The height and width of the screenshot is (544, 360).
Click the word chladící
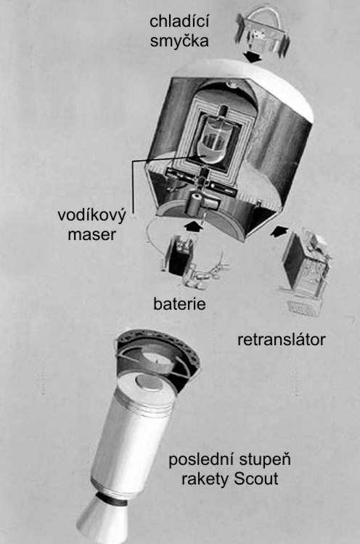pos(179,22)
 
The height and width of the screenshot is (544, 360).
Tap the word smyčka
pos(179,41)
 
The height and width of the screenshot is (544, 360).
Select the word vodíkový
pos(91,215)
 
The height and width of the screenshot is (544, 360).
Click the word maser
pos(91,234)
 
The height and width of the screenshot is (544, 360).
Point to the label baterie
pos(179,304)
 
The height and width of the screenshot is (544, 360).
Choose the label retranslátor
pos(281,339)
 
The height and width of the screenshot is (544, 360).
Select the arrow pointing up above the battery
pos(193,226)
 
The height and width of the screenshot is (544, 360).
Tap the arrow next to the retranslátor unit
pos(279,231)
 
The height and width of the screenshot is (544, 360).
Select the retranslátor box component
pos(306,264)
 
